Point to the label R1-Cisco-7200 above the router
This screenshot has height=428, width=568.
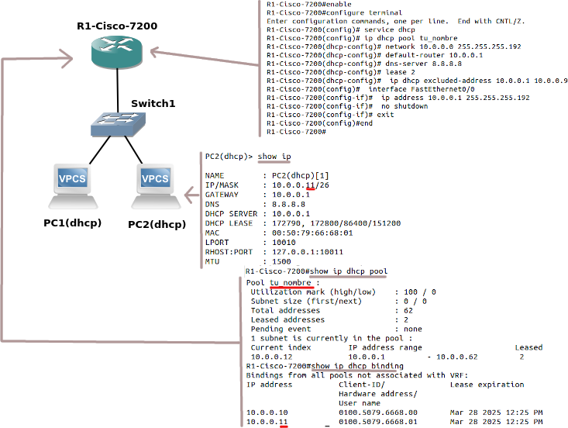(117, 26)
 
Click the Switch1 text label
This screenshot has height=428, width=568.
(153, 103)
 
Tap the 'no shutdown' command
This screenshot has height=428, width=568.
(404, 106)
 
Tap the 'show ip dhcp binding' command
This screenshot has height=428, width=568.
(355, 366)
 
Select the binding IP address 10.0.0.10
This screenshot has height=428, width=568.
(267, 412)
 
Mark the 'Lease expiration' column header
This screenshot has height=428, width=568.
(487, 384)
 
